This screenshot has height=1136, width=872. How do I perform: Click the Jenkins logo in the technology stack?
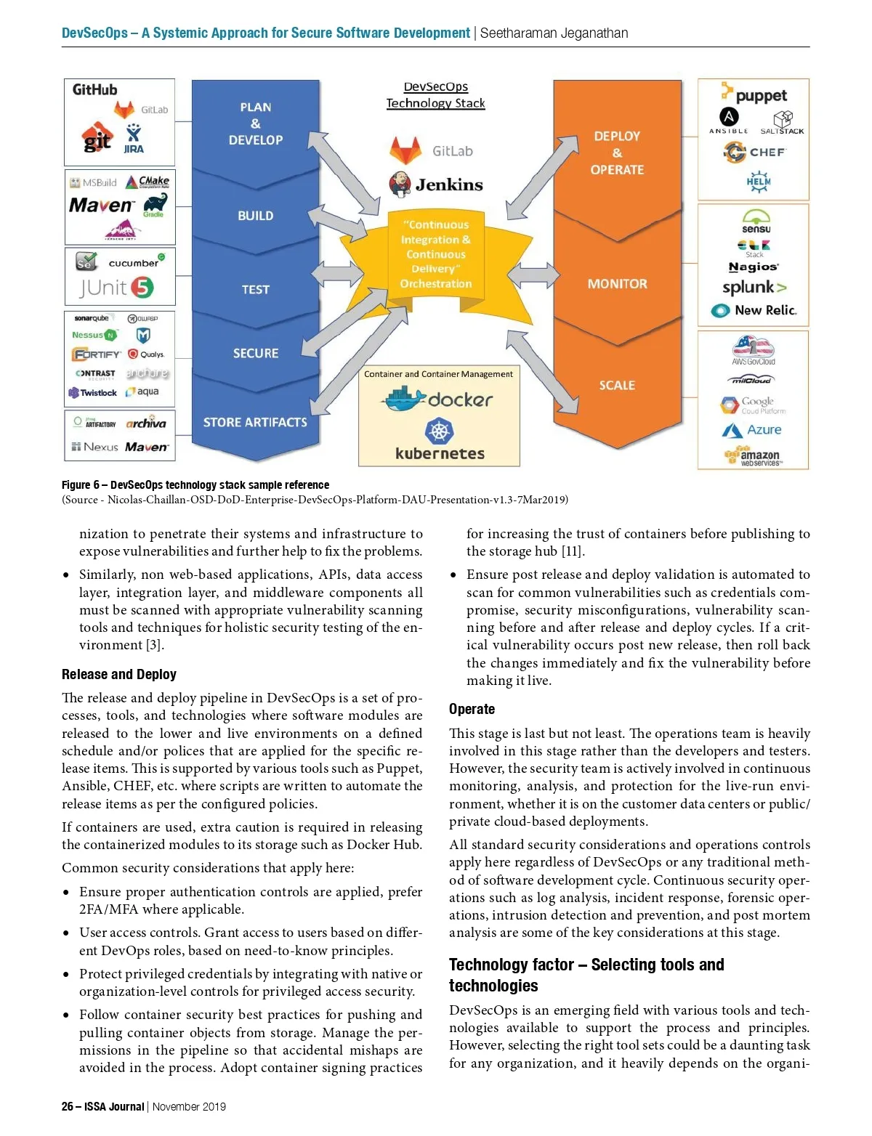tap(436, 184)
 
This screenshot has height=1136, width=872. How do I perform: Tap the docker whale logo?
tap(405, 399)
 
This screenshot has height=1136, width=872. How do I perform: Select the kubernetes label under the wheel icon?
tap(440, 453)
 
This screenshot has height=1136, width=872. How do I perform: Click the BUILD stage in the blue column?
tap(255, 216)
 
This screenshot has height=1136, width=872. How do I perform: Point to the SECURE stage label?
tap(255, 353)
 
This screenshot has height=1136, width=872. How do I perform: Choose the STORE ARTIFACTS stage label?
tap(255, 422)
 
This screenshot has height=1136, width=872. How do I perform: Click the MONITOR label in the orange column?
tap(617, 284)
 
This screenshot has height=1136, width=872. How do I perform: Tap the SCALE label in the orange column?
tap(617, 385)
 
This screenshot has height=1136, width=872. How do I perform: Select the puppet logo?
tap(754, 94)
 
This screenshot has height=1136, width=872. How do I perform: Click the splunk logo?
tap(754, 288)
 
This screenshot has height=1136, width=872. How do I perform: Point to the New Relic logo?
tap(754, 310)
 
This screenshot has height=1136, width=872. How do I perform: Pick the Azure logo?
tap(752, 430)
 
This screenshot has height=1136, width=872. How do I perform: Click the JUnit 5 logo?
tap(116, 288)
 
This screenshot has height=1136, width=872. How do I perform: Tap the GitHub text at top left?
tap(94, 90)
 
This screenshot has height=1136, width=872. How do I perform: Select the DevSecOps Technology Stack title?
tap(435, 95)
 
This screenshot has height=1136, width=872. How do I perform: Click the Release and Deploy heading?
tap(119, 674)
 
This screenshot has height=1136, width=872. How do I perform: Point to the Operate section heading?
tap(472, 709)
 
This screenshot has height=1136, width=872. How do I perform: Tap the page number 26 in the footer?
tap(67, 1106)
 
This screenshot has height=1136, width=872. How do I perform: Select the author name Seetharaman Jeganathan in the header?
tap(554, 33)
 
